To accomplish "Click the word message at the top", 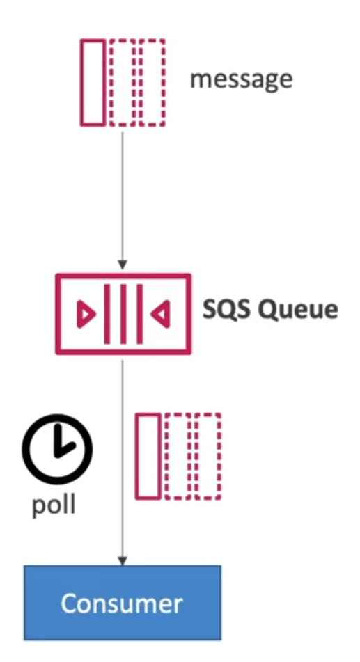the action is point(241,79).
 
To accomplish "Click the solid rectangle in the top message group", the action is point(93,83).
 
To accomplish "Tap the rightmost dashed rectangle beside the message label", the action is point(152,83).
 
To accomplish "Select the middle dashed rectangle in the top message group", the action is point(123,83).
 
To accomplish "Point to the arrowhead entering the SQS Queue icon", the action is point(123,265).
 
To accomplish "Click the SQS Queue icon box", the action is point(123,314).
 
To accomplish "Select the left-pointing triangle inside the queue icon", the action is point(161,314).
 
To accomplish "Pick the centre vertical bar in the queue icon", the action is point(123,314).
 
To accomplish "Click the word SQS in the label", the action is point(226,310).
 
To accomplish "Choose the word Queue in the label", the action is point(298,310).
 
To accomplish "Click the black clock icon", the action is point(57,449).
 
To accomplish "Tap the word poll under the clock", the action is point(54,505).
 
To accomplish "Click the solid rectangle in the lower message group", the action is point(148,457).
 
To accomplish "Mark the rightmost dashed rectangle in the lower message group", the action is point(208,457).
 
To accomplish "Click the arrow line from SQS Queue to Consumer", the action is point(123,463).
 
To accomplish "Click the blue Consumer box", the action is point(123,603).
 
